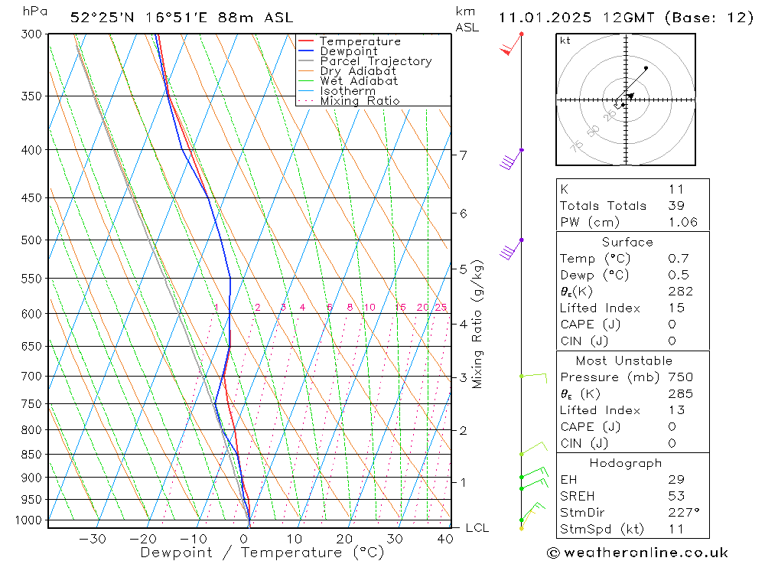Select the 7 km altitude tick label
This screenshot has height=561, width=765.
tap(463, 155)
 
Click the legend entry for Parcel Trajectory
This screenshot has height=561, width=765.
tap(376, 61)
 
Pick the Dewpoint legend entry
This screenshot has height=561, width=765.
tap(349, 51)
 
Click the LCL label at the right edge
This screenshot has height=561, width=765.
tap(477, 528)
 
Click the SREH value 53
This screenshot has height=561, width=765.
tap(675, 496)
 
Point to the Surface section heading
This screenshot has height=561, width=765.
tap(627, 243)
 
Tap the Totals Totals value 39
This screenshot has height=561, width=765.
tap(675, 206)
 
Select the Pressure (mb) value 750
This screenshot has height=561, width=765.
tap(679, 377)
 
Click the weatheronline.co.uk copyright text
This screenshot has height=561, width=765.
tap(637, 553)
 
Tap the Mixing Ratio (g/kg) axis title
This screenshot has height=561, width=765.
tap(478, 325)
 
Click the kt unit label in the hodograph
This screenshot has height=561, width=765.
tap(565, 41)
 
